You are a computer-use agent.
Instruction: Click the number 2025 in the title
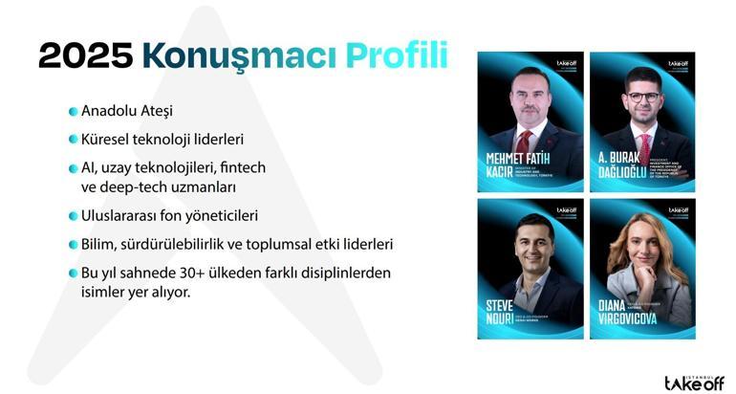coord(84,55)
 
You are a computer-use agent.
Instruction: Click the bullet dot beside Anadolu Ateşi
coord(73,112)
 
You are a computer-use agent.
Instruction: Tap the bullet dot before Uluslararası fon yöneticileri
coord(73,216)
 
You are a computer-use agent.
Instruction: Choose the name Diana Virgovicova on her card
coord(623,312)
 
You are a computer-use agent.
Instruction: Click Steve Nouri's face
coord(532,245)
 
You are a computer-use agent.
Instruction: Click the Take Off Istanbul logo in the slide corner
coord(693,381)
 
